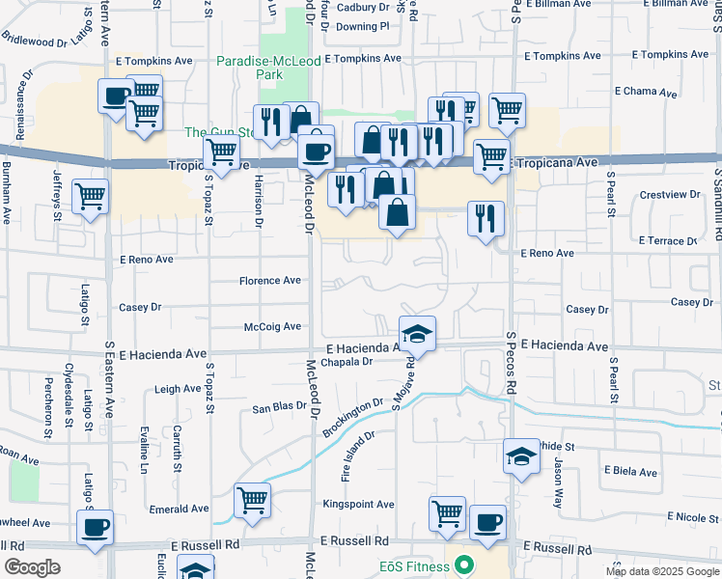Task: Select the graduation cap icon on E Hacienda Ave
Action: point(417,334)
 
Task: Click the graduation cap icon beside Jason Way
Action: point(521,456)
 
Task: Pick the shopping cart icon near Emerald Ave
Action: point(252,501)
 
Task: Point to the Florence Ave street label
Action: point(270,281)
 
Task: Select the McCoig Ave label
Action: point(272,327)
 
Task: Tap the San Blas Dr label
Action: point(279,408)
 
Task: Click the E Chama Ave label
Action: point(646,92)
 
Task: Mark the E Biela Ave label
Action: point(630,473)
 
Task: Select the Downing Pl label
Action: point(362,26)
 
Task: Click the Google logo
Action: point(32,567)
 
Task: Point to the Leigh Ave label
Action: point(178,390)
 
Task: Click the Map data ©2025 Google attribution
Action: point(662,571)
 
